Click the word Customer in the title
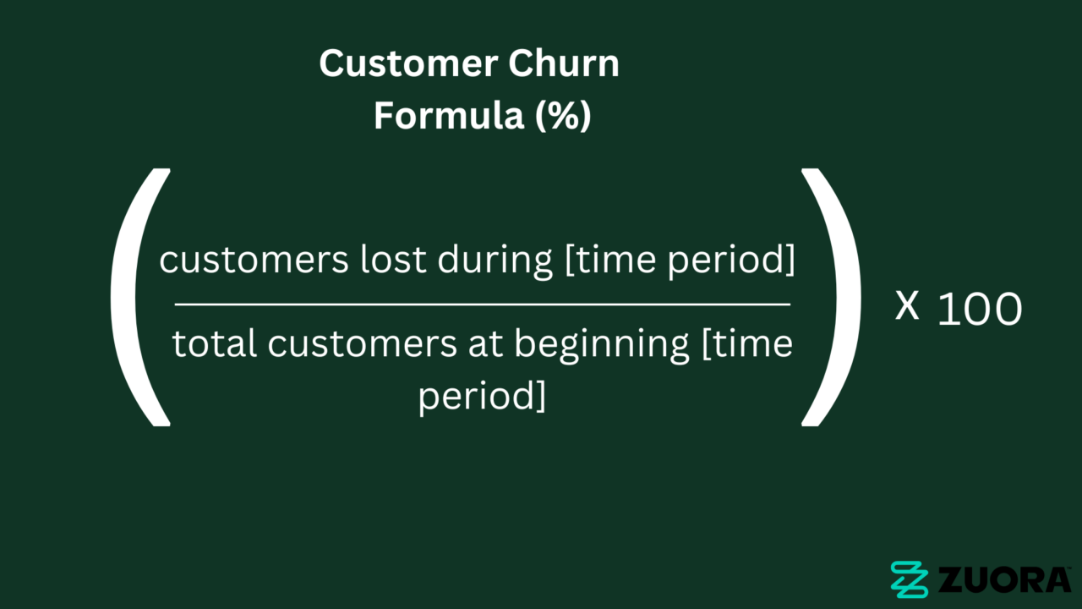(408, 63)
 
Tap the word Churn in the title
(564, 63)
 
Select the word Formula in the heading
(449, 115)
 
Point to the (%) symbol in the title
(563, 116)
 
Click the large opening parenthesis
(127, 297)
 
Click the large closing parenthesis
(845, 297)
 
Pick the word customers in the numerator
(254, 260)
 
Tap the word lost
(393, 259)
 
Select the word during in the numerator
(495, 261)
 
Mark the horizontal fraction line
(483, 304)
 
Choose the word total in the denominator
(214, 343)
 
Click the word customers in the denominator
(363, 344)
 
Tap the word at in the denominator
(485, 344)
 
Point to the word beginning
(601, 345)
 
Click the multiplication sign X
(907, 306)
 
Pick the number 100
(980, 310)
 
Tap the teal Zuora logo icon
(909, 579)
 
